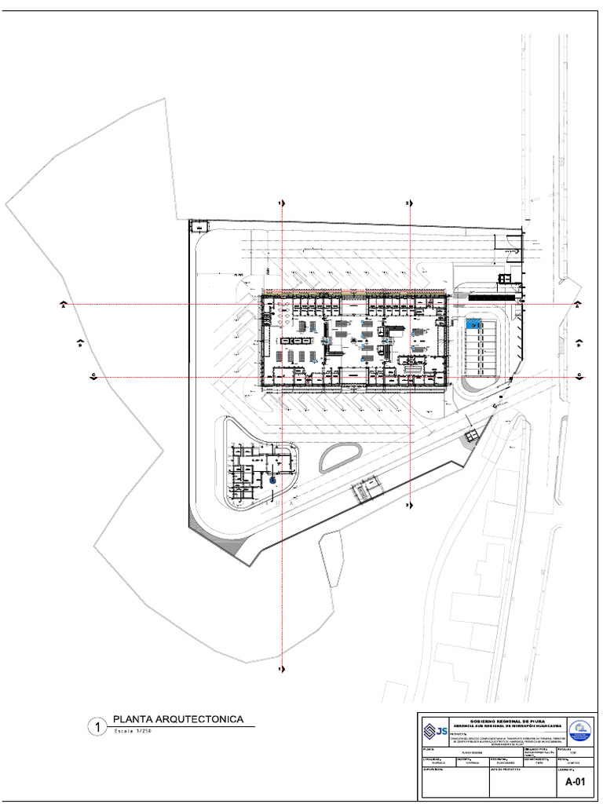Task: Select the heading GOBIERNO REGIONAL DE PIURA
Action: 506,720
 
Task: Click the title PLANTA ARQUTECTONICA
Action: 178,718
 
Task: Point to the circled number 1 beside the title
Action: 97,727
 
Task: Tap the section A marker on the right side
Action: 577,305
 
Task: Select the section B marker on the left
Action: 79,343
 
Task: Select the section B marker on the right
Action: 579,343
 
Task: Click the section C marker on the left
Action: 93,378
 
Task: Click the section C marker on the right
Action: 579,376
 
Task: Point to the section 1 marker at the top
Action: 280,203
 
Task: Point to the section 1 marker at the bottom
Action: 280,669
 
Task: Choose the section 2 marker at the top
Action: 408,203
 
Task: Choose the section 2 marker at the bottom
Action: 408,505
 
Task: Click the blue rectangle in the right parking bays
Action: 472,323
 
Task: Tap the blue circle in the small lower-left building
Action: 272,479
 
